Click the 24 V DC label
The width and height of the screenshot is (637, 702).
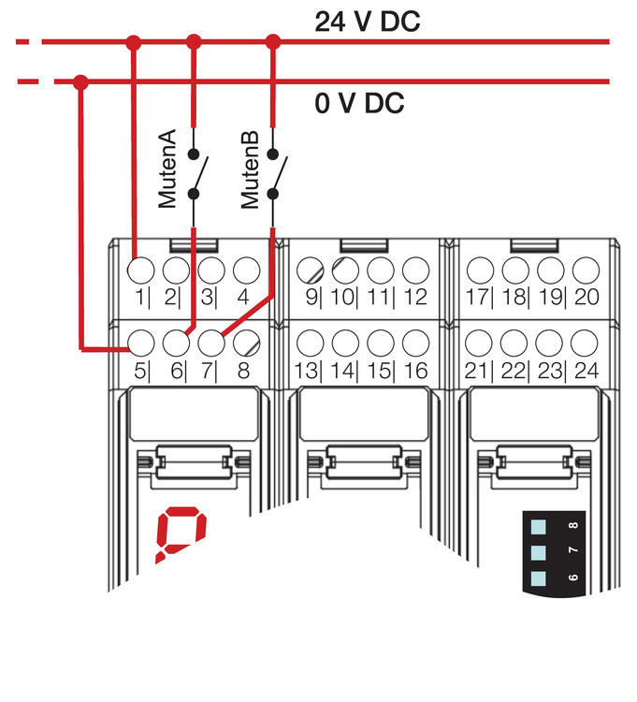367,21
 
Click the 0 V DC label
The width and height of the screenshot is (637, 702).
359,104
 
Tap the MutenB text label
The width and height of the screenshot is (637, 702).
250,168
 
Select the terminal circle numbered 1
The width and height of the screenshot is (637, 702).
139,271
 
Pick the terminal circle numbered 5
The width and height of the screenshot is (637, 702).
139,342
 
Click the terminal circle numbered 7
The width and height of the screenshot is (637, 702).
211,342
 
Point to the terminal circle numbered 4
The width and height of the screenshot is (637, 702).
246,271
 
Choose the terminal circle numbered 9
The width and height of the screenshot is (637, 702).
310,271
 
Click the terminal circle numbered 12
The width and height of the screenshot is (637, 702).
414,271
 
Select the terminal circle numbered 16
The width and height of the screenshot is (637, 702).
414,342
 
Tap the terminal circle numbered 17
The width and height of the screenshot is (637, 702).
480,271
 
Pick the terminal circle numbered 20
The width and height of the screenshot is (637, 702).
585,271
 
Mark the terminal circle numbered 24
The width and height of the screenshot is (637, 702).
585,342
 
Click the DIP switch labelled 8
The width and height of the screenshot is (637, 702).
538,527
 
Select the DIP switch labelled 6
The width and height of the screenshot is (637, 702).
538,578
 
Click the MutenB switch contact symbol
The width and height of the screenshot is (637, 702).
274,174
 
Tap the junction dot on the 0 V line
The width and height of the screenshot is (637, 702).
80,82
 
